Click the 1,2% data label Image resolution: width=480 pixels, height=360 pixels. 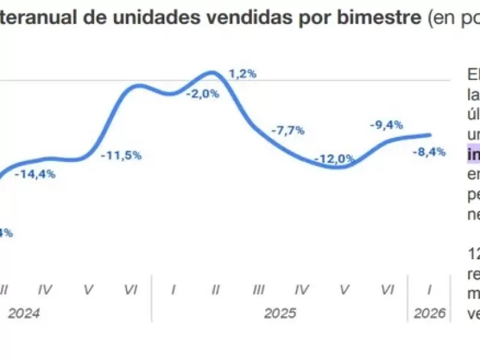243,74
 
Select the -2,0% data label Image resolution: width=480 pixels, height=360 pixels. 202,94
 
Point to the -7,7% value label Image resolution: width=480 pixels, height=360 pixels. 288,130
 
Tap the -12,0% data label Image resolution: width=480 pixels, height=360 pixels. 334,158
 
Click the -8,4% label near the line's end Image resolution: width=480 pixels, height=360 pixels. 429,152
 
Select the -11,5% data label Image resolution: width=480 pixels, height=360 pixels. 121,155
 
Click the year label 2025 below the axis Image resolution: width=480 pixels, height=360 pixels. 280,313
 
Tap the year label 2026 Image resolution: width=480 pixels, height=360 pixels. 430,313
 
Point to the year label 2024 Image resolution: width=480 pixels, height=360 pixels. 23,313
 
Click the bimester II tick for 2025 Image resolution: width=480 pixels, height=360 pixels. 215,290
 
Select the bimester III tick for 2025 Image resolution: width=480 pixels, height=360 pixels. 259,290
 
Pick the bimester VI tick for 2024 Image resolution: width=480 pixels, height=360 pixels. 130,290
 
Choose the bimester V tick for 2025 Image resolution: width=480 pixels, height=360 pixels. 344,290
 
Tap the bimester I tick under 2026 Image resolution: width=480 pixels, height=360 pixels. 430,290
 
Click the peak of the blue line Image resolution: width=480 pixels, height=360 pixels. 211,73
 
